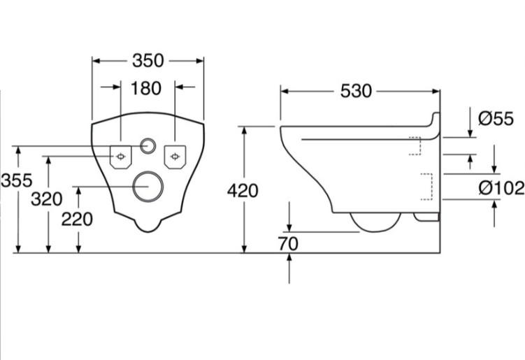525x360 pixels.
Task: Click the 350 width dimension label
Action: coord(148,61)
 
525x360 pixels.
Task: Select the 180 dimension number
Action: coord(146,88)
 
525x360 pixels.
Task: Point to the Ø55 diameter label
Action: coord(496,119)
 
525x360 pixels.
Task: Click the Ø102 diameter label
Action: coord(501,187)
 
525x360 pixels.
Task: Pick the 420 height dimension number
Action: coord(243,190)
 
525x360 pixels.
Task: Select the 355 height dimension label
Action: coord(15,180)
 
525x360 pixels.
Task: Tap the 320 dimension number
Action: coord(47,199)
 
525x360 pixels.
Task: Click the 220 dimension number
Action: coord(77,219)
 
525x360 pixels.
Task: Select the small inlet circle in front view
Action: coord(148,147)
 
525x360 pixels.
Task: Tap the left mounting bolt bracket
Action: coord(122,156)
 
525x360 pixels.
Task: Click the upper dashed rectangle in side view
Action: coord(414,146)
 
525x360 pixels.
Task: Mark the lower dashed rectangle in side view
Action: coord(426,187)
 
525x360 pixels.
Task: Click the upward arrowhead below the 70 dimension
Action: coord(289,257)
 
